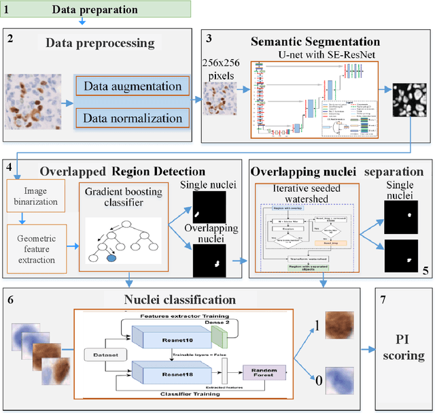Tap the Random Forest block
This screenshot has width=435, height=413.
coord(264,373)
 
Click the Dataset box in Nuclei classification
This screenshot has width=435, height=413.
coord(103,355)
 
